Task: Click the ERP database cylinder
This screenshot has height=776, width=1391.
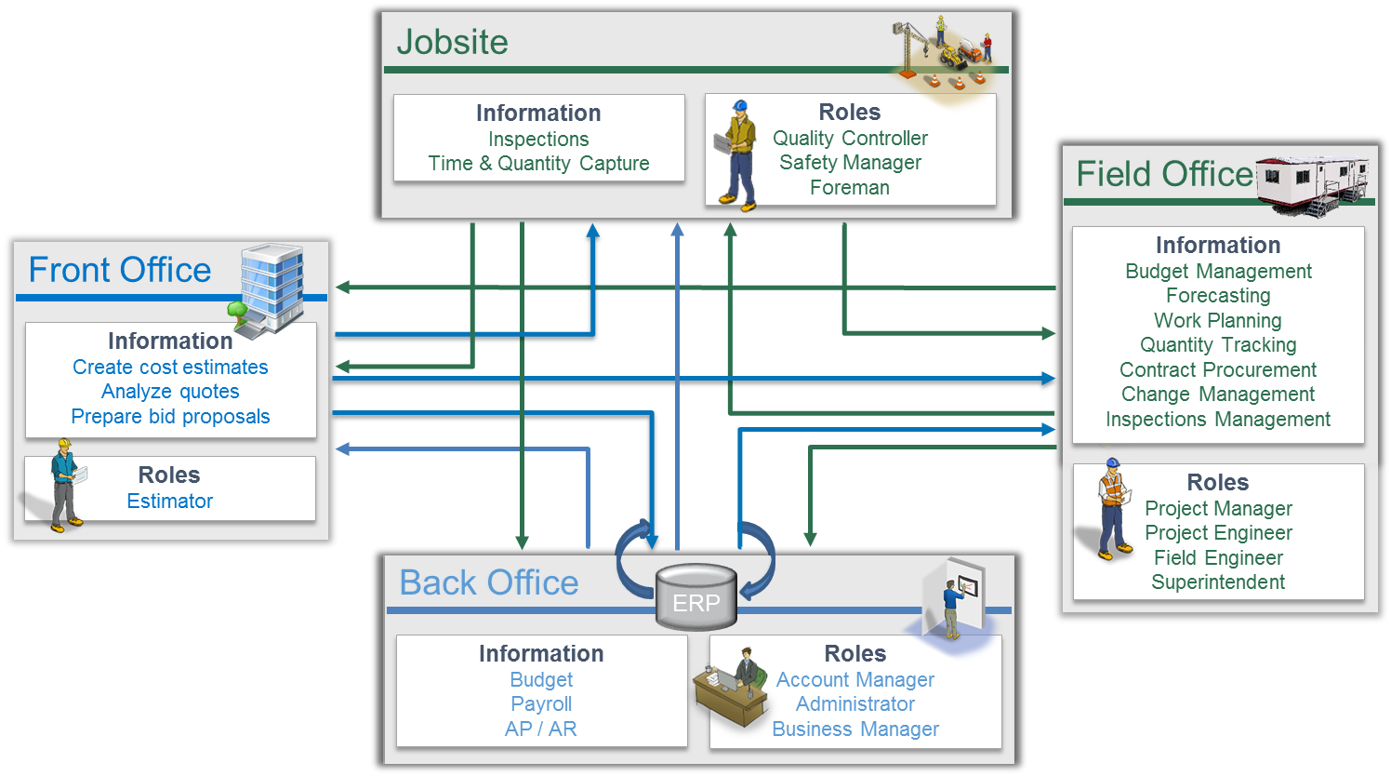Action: point(695,597)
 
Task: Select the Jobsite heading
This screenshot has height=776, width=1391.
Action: point(452,42)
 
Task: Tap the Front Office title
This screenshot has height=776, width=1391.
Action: point(120,270)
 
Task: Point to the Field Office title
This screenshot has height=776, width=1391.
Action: point(1164,174)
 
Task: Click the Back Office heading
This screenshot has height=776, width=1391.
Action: point(488,582)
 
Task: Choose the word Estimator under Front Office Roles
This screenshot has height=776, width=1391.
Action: point(170,502)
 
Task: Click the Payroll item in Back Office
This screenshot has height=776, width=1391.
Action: point(541,704)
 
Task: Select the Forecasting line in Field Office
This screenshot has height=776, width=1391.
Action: point(1218,296)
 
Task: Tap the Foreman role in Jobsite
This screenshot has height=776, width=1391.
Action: point(849,188)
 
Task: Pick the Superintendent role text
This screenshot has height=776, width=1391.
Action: point(1218,582)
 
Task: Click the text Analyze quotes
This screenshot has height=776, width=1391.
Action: point(170,392)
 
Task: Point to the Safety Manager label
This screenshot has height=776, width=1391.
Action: point(850,163)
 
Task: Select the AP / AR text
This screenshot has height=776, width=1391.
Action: point(540,729)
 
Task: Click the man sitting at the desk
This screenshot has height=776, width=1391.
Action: point(744,675)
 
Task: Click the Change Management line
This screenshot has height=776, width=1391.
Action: point(1218,395)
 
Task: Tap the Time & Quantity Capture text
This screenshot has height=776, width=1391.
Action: point(538,164)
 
